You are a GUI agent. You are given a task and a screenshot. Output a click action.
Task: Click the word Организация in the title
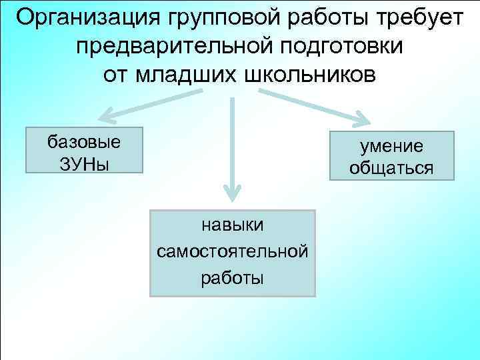pos(79,17)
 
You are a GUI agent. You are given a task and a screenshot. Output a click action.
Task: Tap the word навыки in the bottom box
pos(233,227)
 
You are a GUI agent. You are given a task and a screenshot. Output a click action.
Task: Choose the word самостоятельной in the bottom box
pos(233,252)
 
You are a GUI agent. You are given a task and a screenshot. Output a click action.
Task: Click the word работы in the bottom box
pos(233,277)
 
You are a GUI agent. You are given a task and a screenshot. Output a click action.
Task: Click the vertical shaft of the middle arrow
pos(232,140)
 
